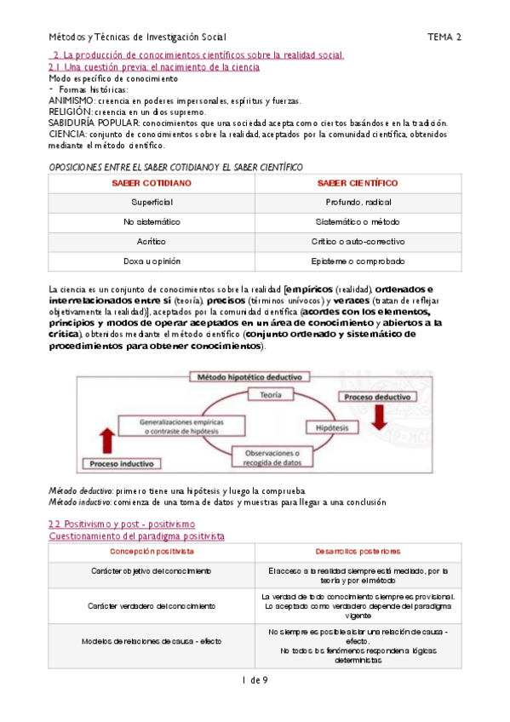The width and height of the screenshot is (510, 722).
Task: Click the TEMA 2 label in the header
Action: [x=444, y=37]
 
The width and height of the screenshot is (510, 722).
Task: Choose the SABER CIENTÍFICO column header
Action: [x=357, y=183]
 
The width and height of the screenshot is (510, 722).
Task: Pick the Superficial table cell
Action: [x=152, y=203]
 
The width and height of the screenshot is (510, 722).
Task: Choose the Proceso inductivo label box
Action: [x=119, y=464]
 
